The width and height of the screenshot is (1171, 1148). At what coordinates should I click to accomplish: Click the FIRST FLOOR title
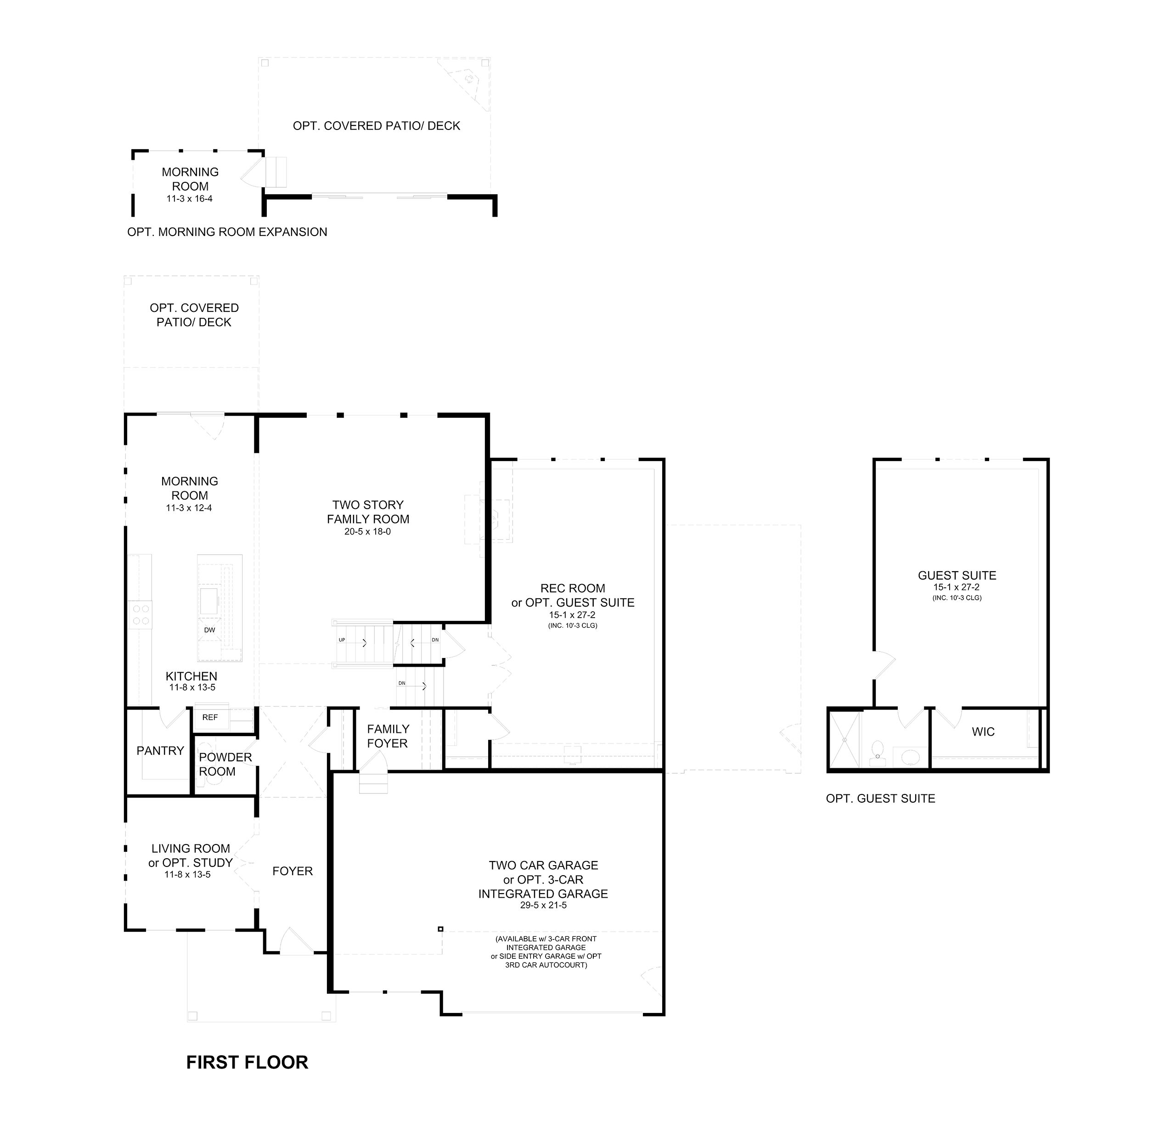pyautogui.click(x=247, y=1062)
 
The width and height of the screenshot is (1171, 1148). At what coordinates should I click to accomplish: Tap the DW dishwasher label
pyautogui.click(x=209, y=630)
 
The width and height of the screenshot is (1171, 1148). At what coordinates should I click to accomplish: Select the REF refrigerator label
pyautogui.click(x=210, y=717)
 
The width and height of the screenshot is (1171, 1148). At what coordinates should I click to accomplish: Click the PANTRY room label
pyautogui.click(x=160, y=751)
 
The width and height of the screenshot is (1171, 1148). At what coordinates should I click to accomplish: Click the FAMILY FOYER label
pyautogui.click(x=388, y=736)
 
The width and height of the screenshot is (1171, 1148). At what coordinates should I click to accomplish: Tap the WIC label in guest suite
pyautogui.click(x=983, y=732)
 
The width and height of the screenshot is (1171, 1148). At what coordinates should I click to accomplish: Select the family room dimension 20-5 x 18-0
pyautogui.click(x=368, y=532)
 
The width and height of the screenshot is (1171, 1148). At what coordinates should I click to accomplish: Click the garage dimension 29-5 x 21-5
pyautogui.click(x=543, y=905)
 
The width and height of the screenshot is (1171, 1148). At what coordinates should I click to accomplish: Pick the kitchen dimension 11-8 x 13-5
pyautogui.click(x=192, y=687)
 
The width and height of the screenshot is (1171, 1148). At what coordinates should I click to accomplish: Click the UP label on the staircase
pyautogui.click(x=342, y=640)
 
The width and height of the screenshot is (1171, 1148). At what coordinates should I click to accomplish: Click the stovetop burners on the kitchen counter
pyautogui.click(x=141, y=614)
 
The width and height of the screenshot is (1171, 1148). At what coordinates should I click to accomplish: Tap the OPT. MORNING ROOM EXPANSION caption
pyautogui.click(x=227, y=232)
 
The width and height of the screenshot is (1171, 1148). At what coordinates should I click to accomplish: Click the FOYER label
pyautogui.click(x=293, y=871)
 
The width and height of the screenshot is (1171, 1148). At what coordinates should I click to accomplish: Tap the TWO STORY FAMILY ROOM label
pyautogui.click(x=368, y=512)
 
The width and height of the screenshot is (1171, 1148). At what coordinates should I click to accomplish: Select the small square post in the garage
pyautogui.click(x=441, y=929)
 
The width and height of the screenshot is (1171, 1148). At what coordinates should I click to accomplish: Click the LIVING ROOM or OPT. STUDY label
pyautogui.click(x=191, y=855)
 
